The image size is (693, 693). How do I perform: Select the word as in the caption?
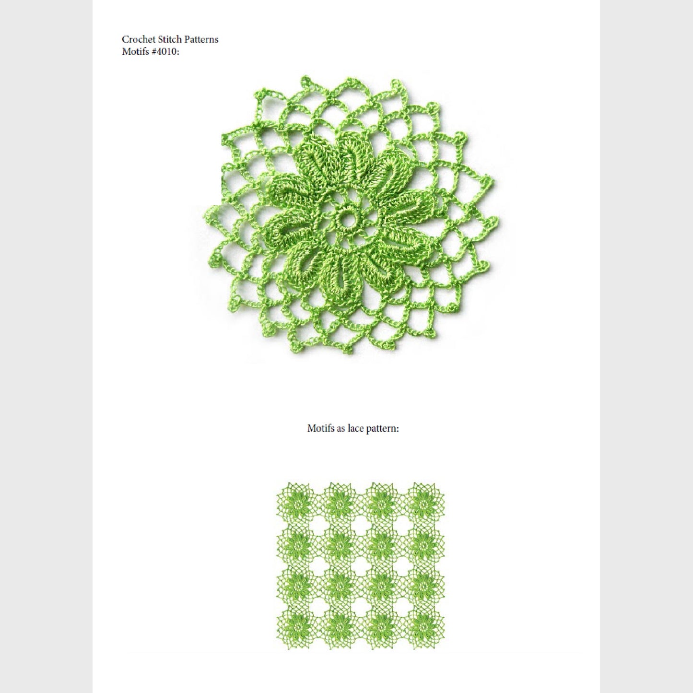[340, 429]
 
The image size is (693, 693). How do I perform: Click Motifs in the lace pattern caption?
[320, 429]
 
